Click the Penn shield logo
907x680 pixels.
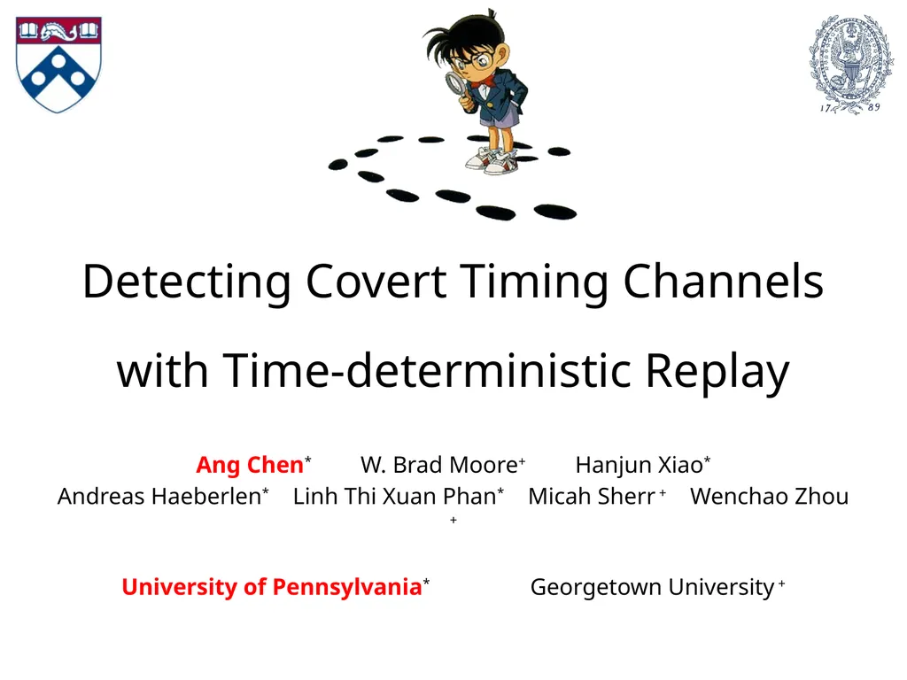(x=58, y=65)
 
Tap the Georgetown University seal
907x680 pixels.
(x=850, y=62)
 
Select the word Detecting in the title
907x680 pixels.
(x=186, y=282)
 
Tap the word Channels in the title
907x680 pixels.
(x=723, y=282)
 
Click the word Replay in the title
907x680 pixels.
(x=717, y=371)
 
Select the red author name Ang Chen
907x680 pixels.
(x=249, y=465)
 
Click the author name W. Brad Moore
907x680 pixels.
(x=438, y=465)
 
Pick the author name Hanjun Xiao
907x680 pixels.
(x=639, y=465)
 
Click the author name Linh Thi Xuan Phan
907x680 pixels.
(x=394, y=497)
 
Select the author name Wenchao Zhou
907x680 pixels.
(x=769, y=497)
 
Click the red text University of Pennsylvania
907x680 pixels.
(x=270, y=587)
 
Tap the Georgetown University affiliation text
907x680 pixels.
(x=652, y=587)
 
